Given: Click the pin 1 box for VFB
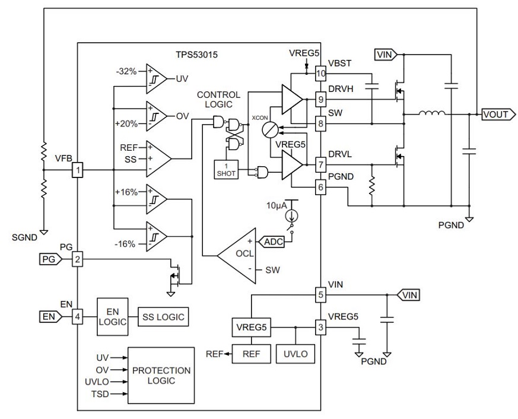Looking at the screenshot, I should click(77, 170).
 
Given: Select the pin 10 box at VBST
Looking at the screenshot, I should click(321, 74).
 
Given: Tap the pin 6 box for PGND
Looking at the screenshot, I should click(321, 188).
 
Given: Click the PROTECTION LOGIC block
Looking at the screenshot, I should click(161, 375).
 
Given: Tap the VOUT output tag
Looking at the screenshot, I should click(495, 114).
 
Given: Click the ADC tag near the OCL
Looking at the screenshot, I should click(273, 242).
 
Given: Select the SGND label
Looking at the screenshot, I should click(25, 237).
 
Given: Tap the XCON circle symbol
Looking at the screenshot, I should click(271, 128).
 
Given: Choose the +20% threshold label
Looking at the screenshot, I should click(126, 124).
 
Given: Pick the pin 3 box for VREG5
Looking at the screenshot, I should click(321, 327).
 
